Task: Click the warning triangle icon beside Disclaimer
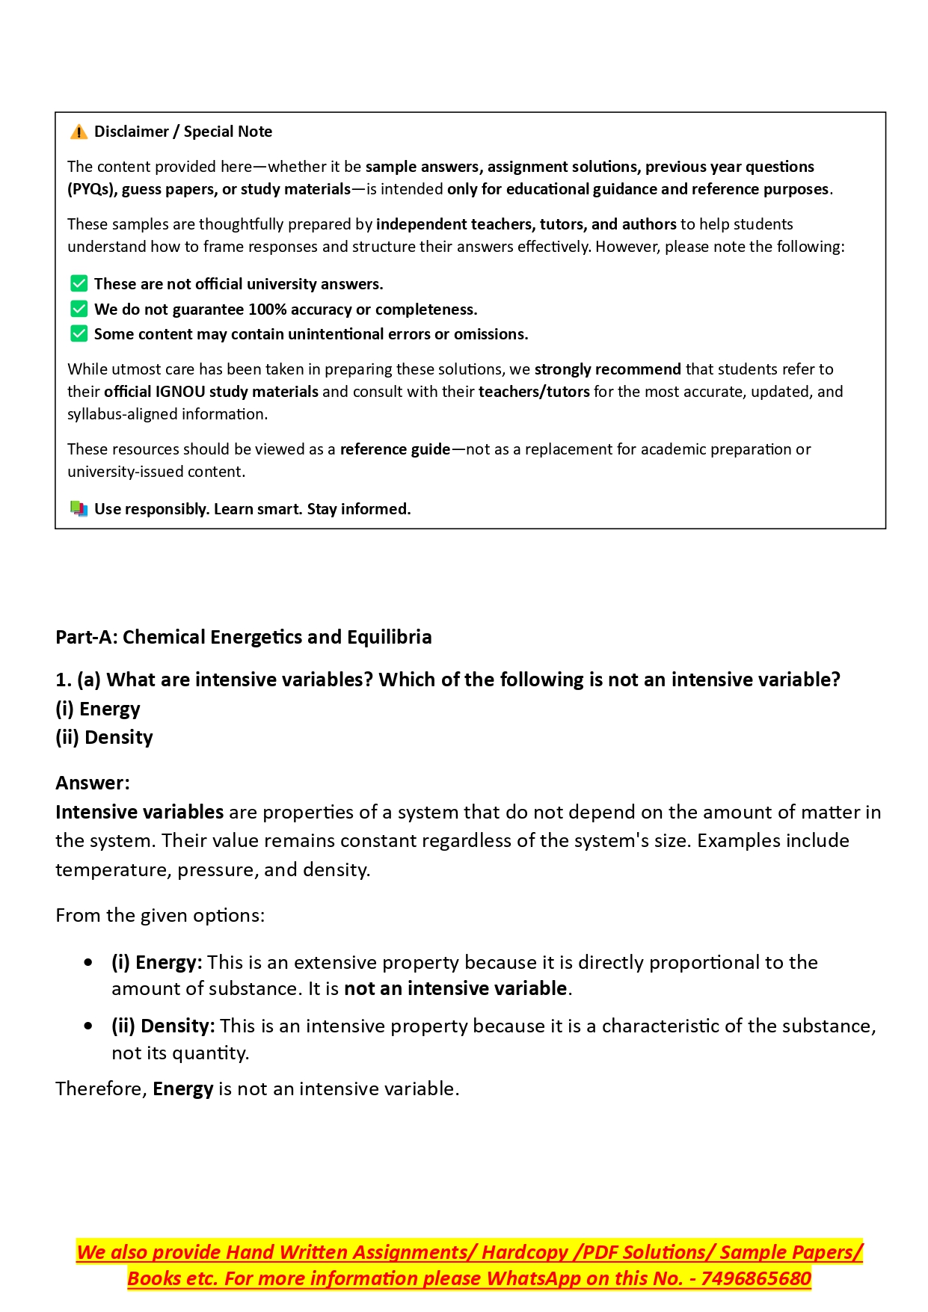click(x=79, y=132)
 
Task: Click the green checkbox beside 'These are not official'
click(x=79, y=284)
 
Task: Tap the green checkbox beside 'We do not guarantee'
click(x=79, y=309)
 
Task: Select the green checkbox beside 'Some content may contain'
click(x=79, y=333)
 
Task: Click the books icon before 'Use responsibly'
click(x=79, y=509)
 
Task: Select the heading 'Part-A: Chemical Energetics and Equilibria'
click(x=244, y=637)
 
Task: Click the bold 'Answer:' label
click(x=93, y=783)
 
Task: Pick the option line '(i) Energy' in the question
click(x=98, y=709)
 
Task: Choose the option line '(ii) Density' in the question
click(x=104, y=737)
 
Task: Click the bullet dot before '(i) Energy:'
click(x=89, y=963)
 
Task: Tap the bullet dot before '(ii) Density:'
click(x=89, y=1026)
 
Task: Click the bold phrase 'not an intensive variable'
click(x=455, y=988)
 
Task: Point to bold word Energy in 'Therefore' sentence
click(x=183, y=1088)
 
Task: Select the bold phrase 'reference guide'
click(x=395, y=449)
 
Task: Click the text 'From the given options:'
click(x=160, y=915)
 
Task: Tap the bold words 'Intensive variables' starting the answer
click(x=140, y=812)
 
